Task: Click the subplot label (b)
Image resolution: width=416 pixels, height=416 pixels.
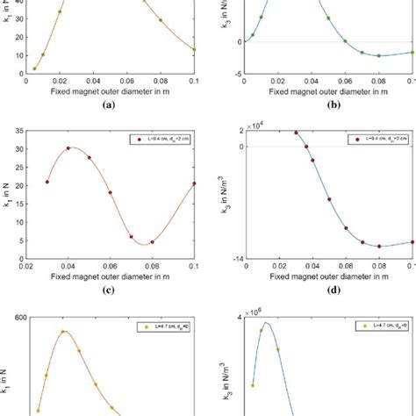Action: pos(329,103)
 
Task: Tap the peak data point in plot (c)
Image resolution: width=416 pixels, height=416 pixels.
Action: pos(68,148)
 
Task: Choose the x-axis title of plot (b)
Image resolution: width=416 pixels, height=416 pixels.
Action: pos(330,89)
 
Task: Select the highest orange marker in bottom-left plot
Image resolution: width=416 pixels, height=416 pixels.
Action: pos(63,332)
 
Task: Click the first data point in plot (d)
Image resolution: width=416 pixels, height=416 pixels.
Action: pos(296,133)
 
